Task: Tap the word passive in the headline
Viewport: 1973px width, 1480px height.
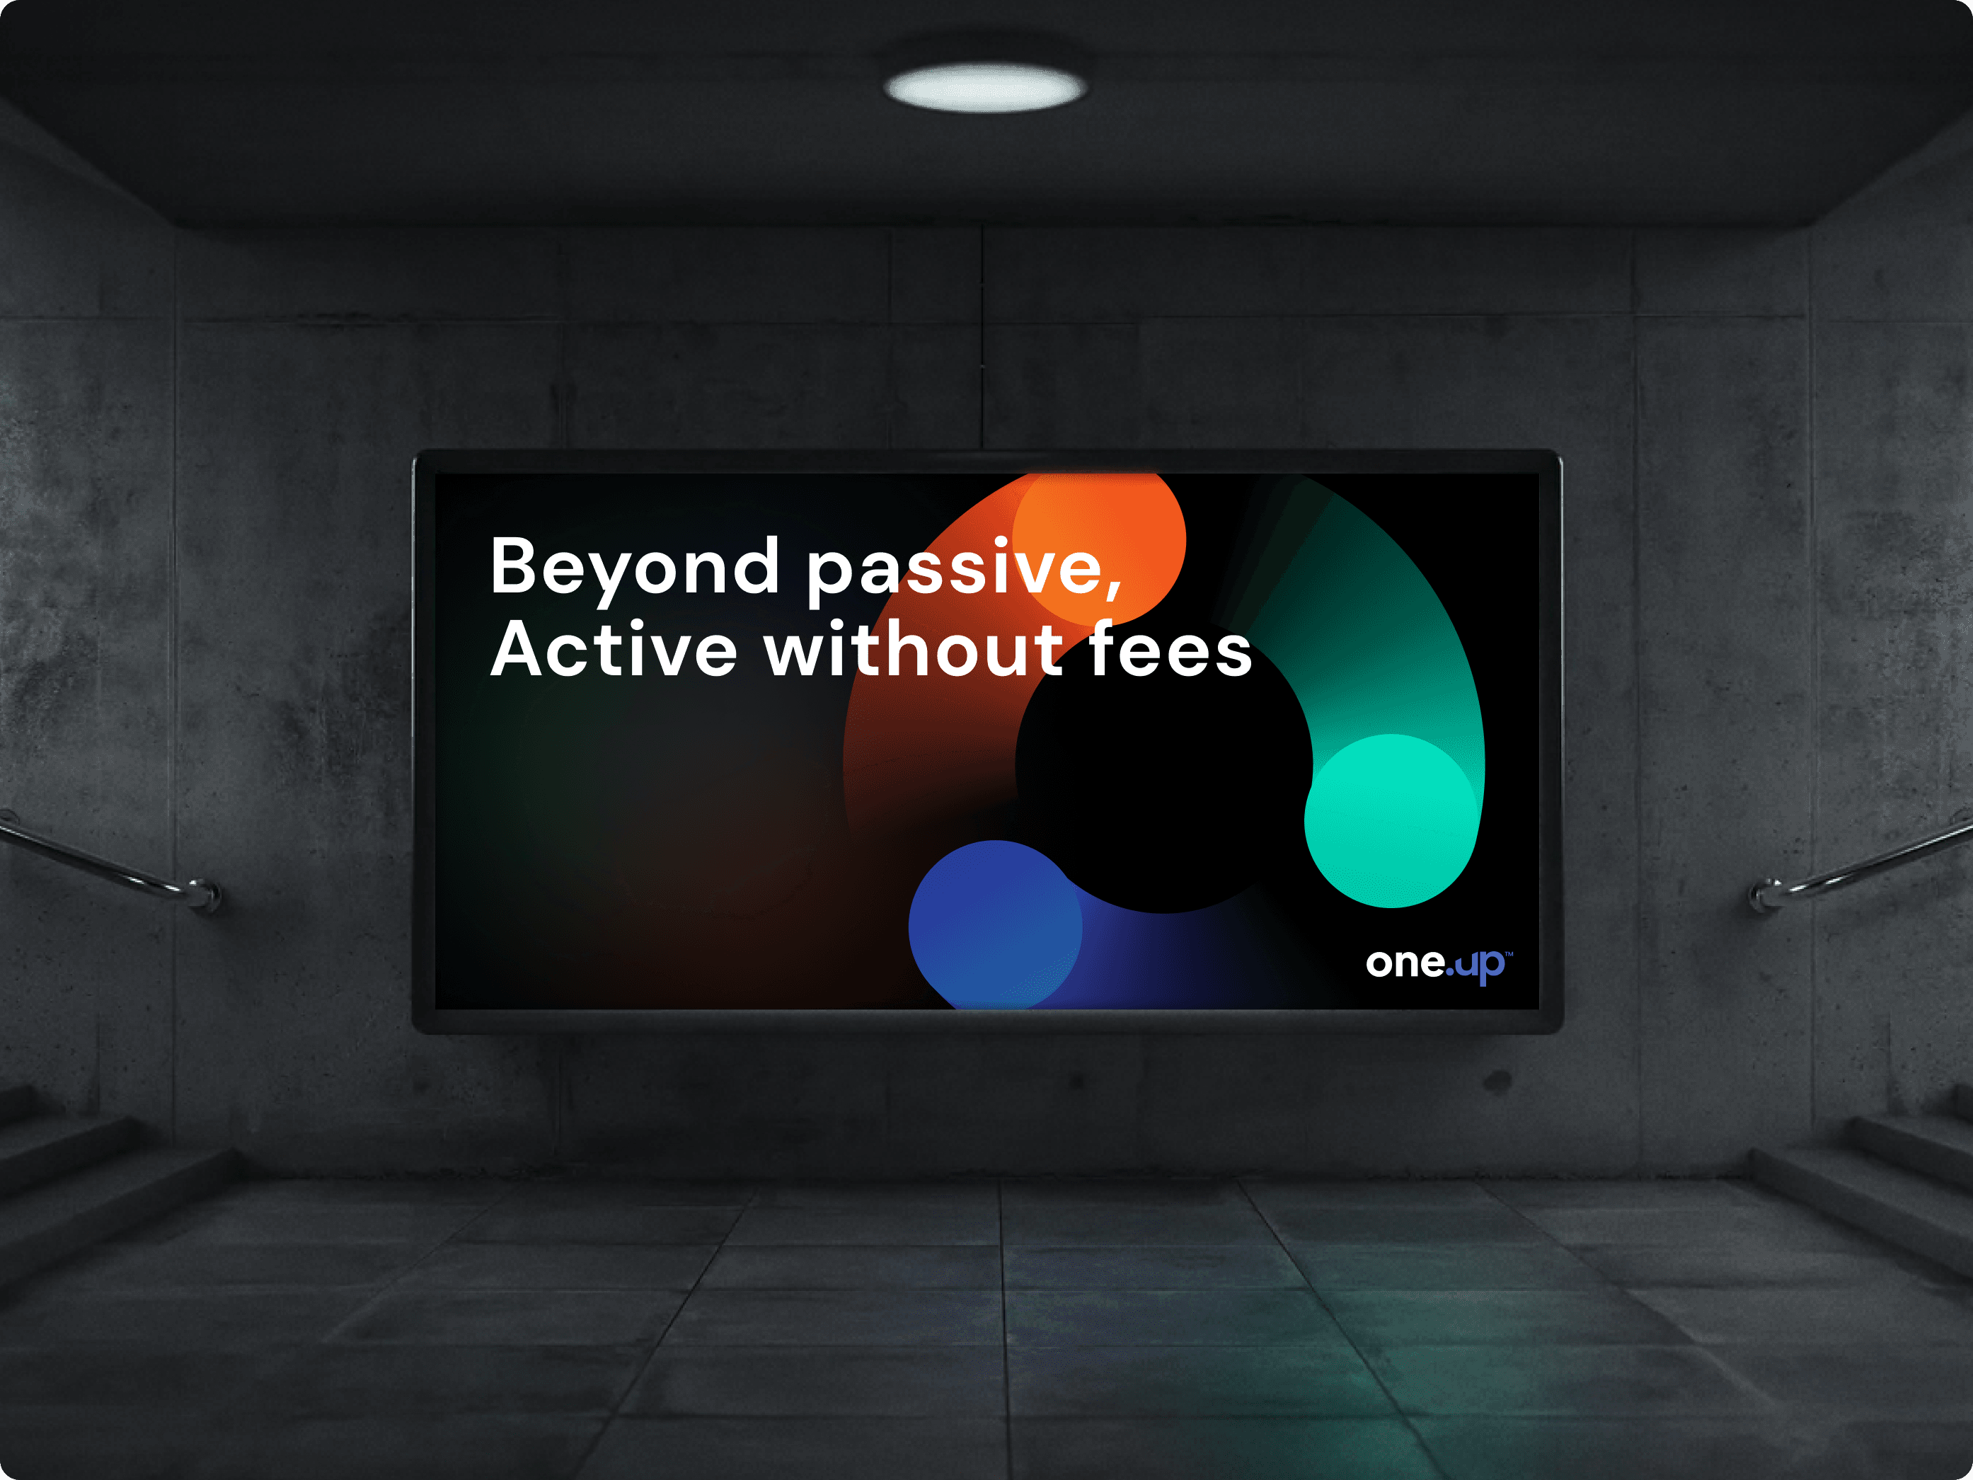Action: coord(955,572)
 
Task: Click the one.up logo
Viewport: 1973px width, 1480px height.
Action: coord(1439,964)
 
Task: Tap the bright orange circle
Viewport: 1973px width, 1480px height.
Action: coord(1099,540)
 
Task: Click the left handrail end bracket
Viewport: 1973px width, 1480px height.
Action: coord(203,894)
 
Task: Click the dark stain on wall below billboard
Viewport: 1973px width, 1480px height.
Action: coord(1497,1082)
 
